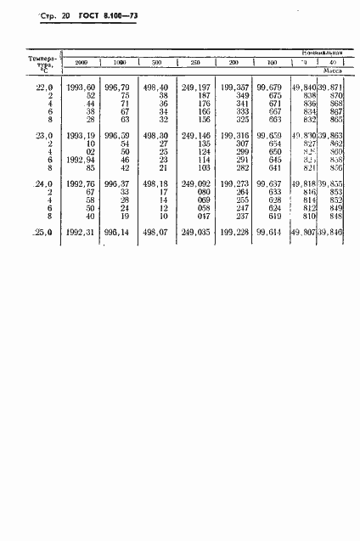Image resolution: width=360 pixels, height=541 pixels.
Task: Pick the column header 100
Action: pos(271,63)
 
